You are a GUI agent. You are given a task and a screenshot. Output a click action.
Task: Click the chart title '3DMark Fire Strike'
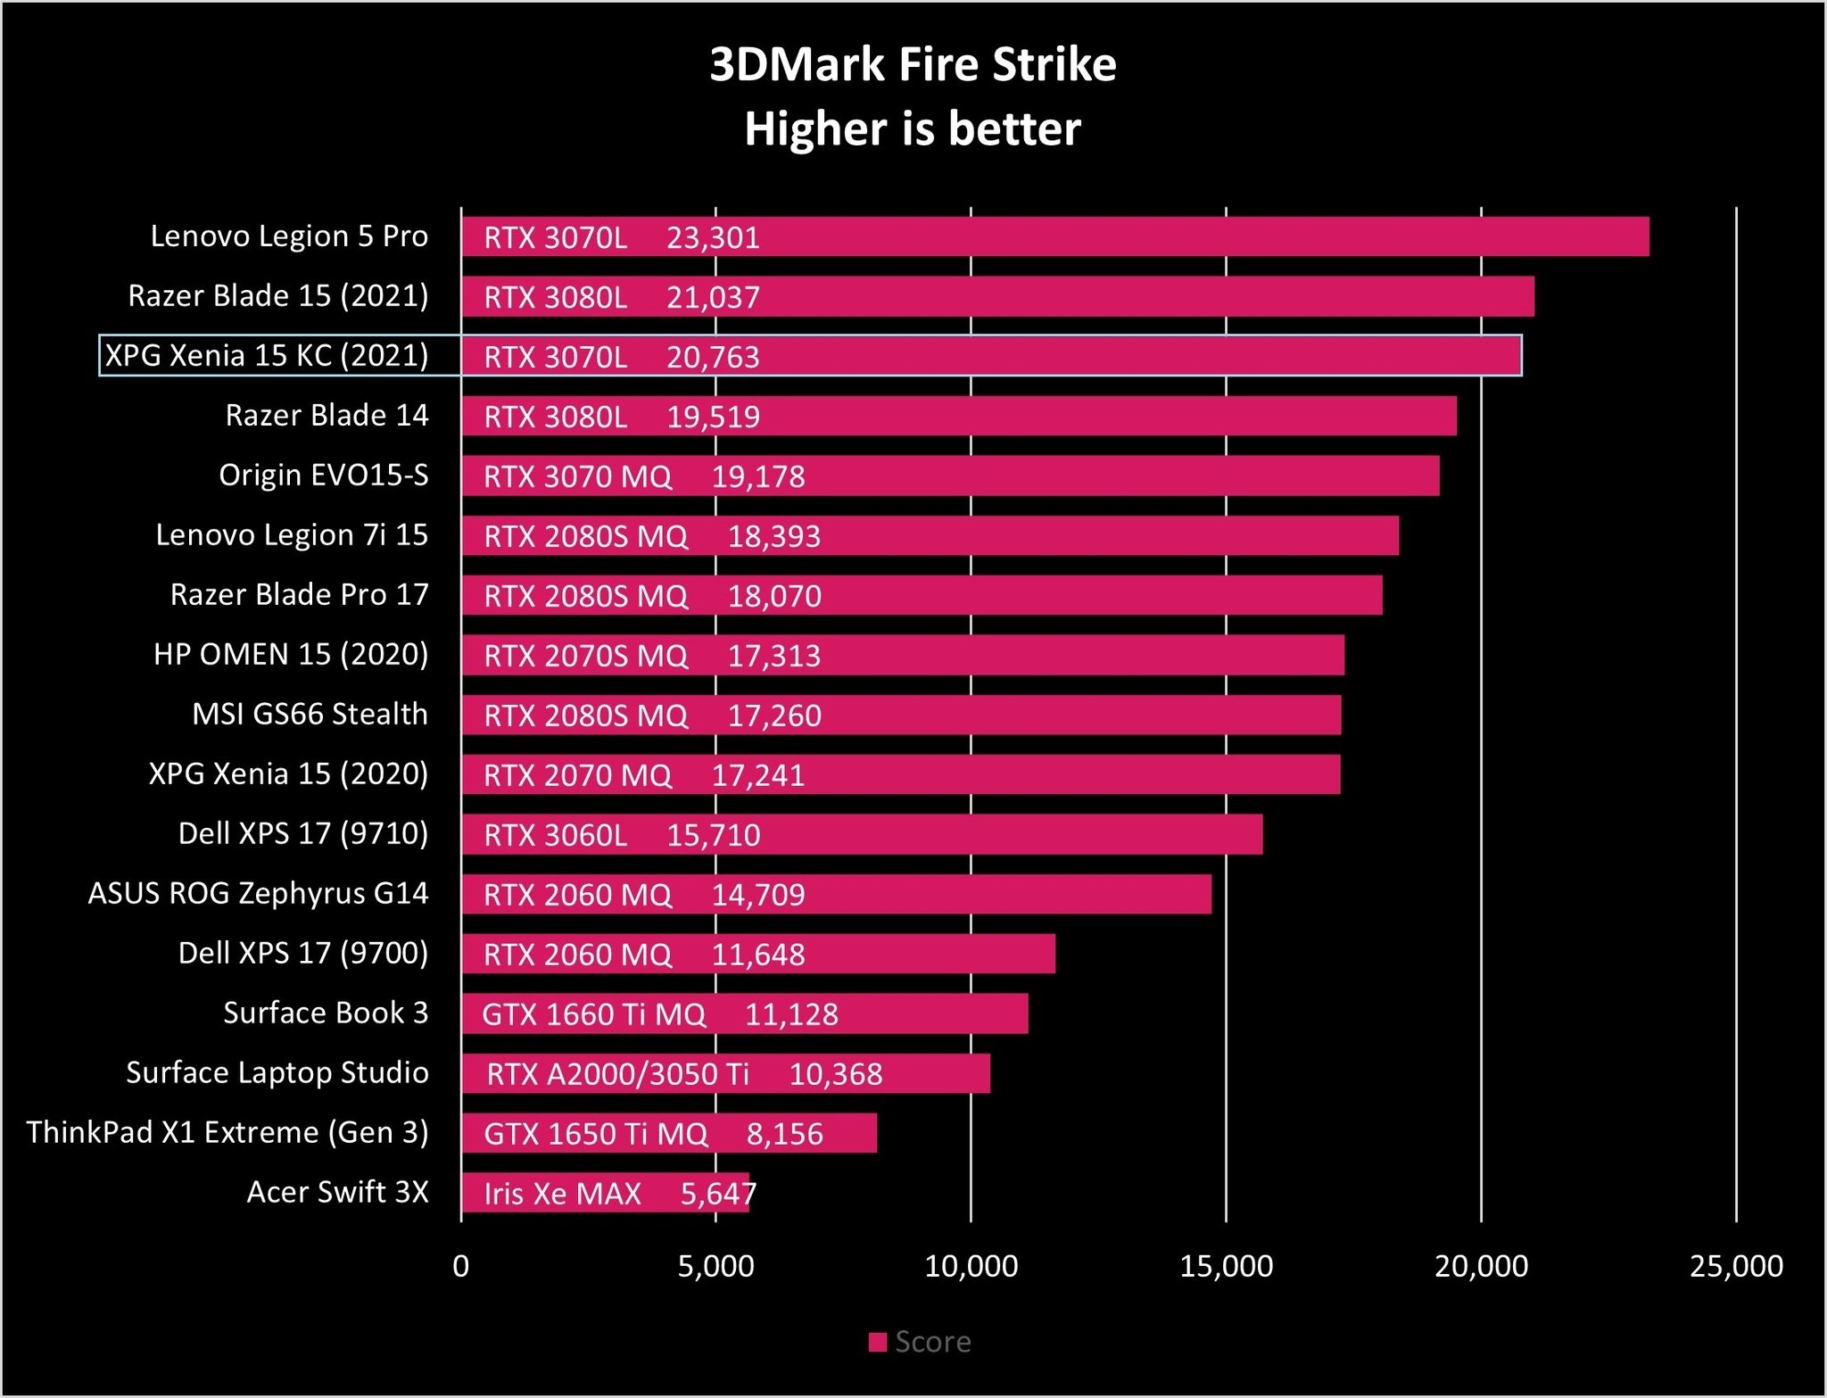pos(913,65)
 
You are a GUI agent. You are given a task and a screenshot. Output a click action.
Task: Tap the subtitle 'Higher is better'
pos(913,129)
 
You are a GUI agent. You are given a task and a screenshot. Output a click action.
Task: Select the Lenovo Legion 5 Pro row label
pos(289,236)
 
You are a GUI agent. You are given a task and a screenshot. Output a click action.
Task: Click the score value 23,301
pos(713,238)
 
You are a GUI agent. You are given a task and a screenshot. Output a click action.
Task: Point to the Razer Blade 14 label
pos(327,416)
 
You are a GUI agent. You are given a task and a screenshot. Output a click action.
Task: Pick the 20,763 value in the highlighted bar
pos(713,358)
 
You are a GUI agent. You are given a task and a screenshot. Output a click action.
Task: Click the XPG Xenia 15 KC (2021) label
pos(267,356)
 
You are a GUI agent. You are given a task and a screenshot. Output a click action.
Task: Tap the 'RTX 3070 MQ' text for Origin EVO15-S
pos(577,477)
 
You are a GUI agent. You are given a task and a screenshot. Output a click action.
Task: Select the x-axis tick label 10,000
pos(971,1266)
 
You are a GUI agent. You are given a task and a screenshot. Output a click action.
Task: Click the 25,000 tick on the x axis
pos(1736,1266)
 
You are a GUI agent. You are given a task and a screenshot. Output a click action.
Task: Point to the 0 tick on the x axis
pos(461,1266)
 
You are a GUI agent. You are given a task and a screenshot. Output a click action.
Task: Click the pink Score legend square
pos(878,1342)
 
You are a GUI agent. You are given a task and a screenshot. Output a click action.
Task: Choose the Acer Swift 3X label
pos(337,1193)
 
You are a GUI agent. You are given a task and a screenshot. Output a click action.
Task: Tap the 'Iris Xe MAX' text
pos(562,1194)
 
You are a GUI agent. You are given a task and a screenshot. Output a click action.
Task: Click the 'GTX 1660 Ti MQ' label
pos(593,1014)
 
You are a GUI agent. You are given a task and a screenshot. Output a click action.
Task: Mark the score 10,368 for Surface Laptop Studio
pos(836,1074)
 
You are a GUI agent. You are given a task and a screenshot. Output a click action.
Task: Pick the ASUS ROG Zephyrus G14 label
pos(258,894)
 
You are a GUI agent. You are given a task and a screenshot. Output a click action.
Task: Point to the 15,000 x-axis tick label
pos(1226,1266)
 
